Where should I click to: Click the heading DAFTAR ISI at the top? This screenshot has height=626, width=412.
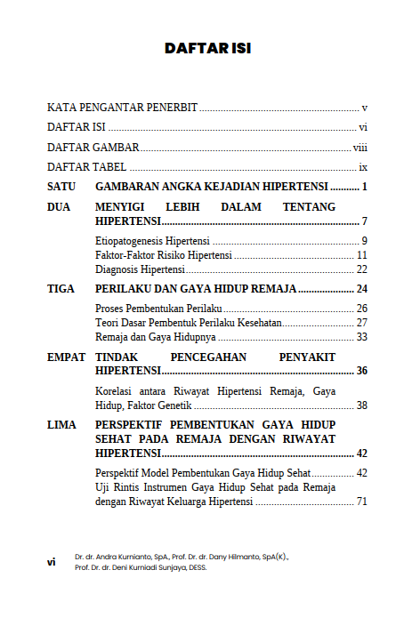click(x=207, y=48)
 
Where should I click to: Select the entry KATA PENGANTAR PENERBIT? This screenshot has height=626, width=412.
click(x=122, y=106)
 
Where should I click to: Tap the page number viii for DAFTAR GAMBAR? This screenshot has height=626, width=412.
click(x=360, y=148)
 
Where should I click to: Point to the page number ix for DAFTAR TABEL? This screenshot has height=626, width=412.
click(x=363, y=167)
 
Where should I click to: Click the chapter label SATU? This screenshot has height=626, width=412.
click(x=61, y=188)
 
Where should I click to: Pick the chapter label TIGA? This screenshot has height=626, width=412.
click(x=61, y=289)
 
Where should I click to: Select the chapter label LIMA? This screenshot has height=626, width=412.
click(x=61, y=425)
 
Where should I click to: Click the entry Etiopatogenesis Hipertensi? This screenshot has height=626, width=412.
click(x=152, y=242)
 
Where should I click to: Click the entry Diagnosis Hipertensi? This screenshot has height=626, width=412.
click(x=140, y=269)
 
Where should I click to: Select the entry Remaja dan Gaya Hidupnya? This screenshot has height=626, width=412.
click(x=156, y=337)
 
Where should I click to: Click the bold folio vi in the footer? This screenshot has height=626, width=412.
click(x=52, y=562)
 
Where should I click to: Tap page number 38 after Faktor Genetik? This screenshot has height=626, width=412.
click(x=362, y=405)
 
